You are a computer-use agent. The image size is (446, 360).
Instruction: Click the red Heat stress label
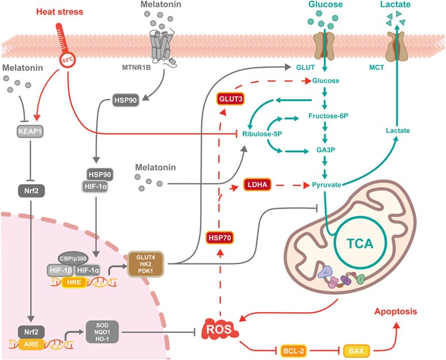tap(59, 12)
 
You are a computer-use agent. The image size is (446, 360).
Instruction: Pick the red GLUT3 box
tap(230, 98)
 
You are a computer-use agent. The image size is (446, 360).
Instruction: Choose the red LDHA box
tap(259, 185)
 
